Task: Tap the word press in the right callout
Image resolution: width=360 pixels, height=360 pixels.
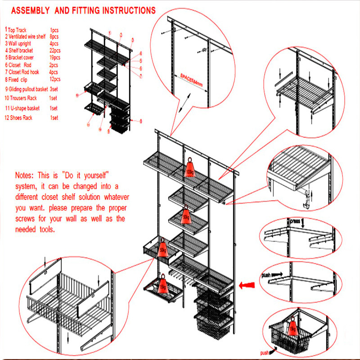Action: tap(295, 221)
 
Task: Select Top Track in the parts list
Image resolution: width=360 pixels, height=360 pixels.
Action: tap(17, 30)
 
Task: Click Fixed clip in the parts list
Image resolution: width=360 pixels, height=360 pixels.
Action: tap(19, 79)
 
